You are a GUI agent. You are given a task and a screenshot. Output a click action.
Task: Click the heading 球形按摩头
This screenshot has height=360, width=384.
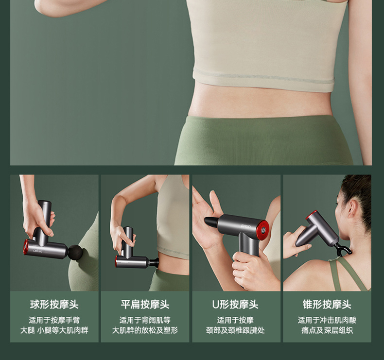(54, 305)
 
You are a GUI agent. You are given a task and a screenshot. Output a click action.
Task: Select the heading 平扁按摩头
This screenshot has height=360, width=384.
(145, 305)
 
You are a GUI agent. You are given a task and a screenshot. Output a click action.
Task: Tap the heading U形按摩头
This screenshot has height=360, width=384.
(235, 305)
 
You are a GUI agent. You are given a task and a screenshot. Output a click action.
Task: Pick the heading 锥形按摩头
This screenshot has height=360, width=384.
(327, 305)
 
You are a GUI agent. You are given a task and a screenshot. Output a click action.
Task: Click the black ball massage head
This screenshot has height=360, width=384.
(75, 252)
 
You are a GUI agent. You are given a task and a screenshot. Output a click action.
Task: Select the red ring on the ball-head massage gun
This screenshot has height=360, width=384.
(25, 246)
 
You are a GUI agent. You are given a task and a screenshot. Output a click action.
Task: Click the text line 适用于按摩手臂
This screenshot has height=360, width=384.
(54, 320)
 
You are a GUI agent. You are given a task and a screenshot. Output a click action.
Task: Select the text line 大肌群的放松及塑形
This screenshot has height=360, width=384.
(145, 330)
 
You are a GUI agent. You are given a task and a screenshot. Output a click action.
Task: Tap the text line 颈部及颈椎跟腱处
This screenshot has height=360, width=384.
(235, 330)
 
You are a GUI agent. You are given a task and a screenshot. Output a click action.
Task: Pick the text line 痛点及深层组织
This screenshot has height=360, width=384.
(327, 330)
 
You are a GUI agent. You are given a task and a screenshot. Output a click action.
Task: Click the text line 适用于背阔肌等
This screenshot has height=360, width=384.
(145, 320)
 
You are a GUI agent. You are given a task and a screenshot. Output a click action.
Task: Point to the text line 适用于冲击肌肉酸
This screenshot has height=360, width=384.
(327, 320)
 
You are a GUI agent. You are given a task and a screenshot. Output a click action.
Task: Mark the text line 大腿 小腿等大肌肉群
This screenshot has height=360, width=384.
(54, 330)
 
